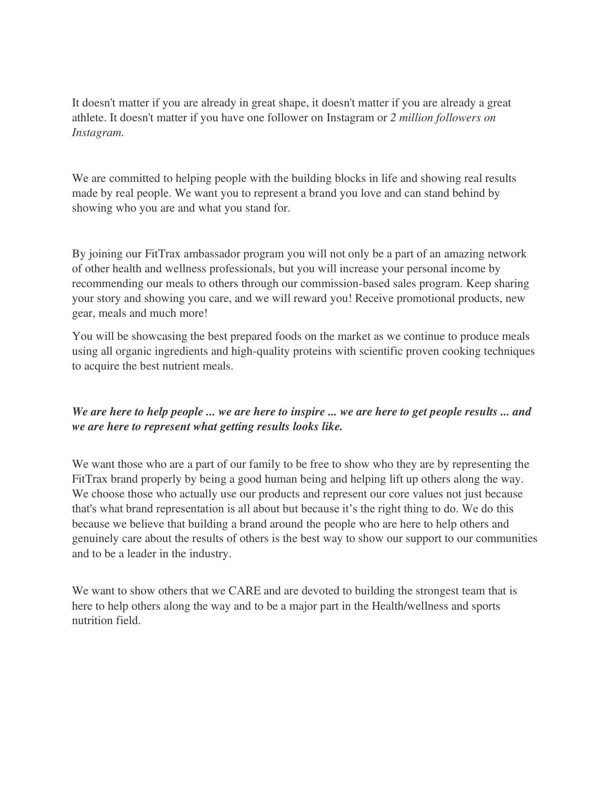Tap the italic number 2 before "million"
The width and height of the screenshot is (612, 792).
tap(393, 118)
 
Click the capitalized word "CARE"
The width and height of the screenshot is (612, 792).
tap(244, 591)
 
